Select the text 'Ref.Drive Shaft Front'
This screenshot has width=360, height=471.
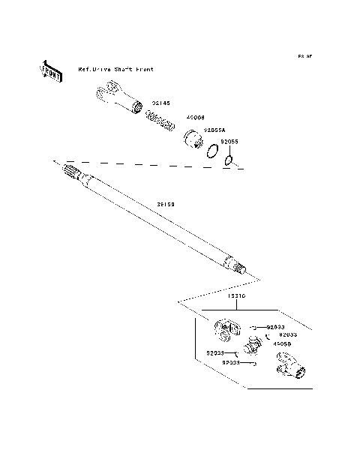point(116,69)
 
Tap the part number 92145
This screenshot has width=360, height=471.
point(161,103)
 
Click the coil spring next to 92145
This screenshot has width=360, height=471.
point(160,119)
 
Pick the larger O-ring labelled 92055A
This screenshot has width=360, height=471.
point(213,151)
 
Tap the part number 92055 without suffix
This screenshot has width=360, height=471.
point(229,141)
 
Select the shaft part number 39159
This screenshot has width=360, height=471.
point(167,203)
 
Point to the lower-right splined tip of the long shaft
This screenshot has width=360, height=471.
point(239,267)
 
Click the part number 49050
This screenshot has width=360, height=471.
point(281,343)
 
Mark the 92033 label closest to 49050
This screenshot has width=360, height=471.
point(288,334)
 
